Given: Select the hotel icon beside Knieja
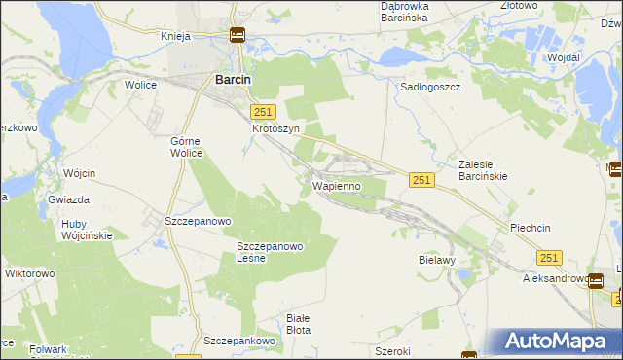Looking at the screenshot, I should click(238, 36).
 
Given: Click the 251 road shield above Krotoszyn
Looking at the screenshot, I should click(263, 113).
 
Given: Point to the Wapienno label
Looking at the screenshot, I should click(337, 185).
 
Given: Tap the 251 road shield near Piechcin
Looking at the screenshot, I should click(549, 257).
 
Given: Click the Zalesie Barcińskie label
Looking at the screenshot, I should click(492, 170).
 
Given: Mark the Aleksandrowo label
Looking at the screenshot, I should click(556, 279).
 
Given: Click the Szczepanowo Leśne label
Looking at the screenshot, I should click(271, 252).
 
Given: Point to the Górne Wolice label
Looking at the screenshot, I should click(185, 146).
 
